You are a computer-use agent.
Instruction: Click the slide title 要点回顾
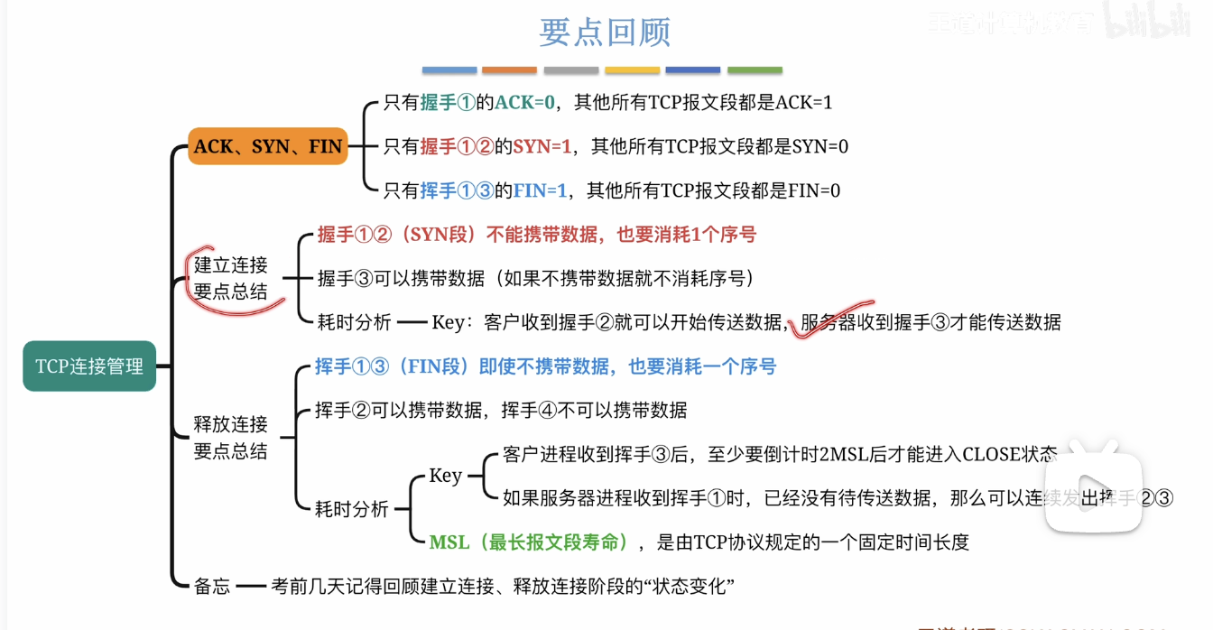605,33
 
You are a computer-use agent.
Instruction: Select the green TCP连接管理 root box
89,366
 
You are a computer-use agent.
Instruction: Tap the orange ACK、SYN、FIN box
268,146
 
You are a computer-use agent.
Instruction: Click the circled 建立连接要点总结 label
231,278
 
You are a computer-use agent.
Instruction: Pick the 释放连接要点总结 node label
231,437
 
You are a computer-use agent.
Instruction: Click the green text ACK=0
524,103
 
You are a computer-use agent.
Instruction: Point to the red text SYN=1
542,146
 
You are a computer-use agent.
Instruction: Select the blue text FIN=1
540,190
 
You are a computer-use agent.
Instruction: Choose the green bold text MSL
449,542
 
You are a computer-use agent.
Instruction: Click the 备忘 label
213,587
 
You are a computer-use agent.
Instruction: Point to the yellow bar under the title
632,69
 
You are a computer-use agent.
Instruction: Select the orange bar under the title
509,69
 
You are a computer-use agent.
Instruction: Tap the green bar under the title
755,69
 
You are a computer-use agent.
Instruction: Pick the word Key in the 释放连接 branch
446,476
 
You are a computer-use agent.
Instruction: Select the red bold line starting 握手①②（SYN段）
537,235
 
